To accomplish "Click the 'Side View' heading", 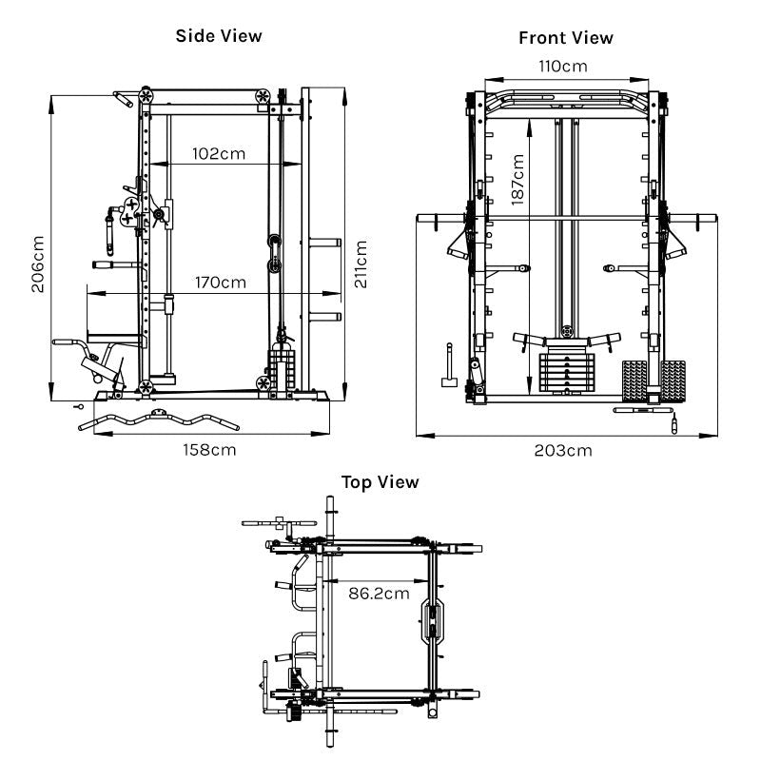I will pyautogui.click(x=218, y=36).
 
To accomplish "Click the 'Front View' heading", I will pyautogui.click(x=565, y=38).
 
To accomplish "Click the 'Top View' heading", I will pyautogui.click(x=380, y=482).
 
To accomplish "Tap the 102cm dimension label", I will pyautogui.click(x=219, y=153).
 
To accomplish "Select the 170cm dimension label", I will pyautogui.click(x=219, y=283).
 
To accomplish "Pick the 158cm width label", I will pyautogui.click(x=208, y=450).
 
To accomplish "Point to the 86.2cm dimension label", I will pyautogui.click(x=378, y=594).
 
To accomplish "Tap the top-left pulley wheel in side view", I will pyautogui.click(x=146, y=96).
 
